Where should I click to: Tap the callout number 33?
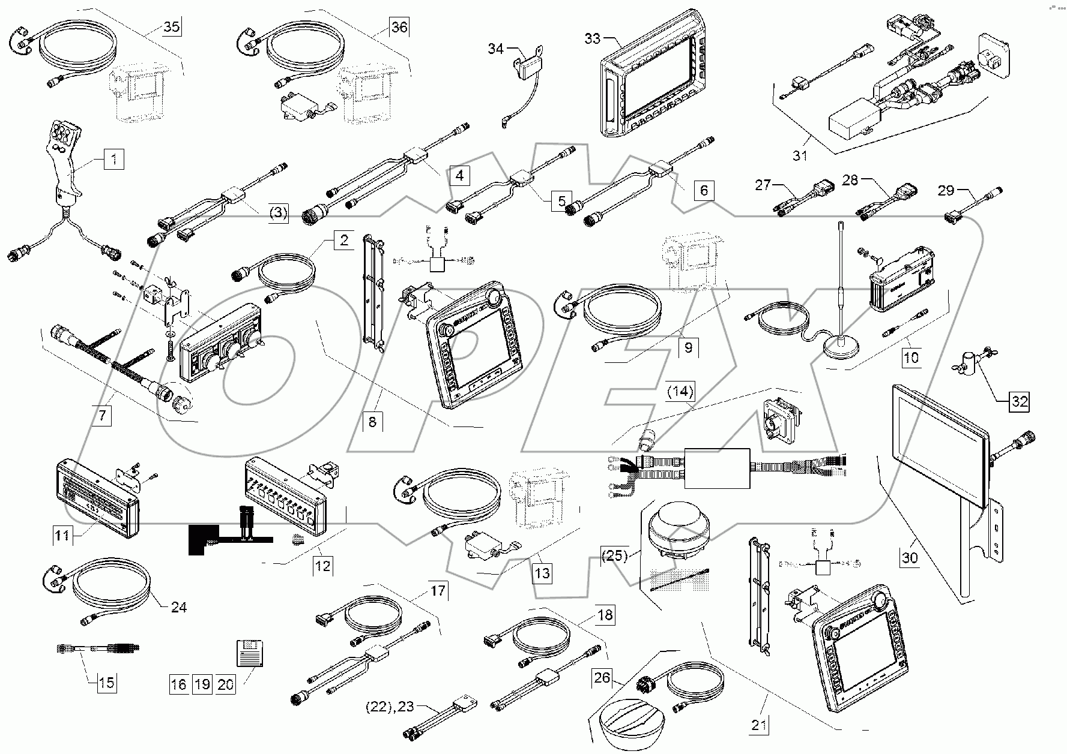click(592, 38)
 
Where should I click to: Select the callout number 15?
click(106, 683)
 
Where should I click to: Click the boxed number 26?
click(602, 678)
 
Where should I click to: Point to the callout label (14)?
click(680, 392)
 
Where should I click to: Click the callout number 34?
click(495, 49)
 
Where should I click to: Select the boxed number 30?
click(910, 558)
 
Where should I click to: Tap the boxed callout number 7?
click(101, 415)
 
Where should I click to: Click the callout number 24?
click(178, 607)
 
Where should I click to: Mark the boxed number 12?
click(323, 566)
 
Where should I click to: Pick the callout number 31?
click(800, 156)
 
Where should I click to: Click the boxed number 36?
click(399, 27)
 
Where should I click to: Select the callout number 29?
click(946, 191)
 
